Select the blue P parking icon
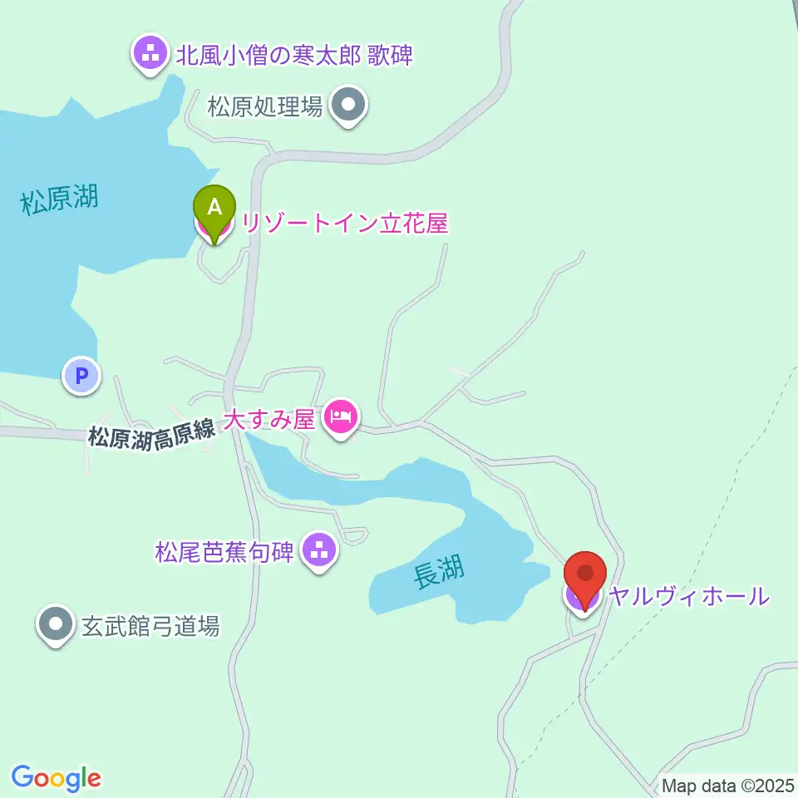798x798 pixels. (x=81, y=376)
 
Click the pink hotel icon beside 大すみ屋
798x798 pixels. (x=341, y=416)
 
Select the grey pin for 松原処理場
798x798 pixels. (x=348, y=106)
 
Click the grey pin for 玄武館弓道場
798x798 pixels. (x=56, y=624)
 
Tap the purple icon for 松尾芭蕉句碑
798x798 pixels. (x=318, y=549)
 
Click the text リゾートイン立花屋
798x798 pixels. (x=345, y=224)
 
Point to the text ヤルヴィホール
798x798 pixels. (x=688, y=596)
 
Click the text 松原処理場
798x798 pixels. (x=264, y=107)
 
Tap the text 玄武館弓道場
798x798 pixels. (x=150, y=626)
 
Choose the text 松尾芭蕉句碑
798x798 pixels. (x=224, y=551)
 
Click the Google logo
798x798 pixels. (x=57, y=778)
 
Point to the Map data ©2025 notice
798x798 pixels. (x=728, y=785)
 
